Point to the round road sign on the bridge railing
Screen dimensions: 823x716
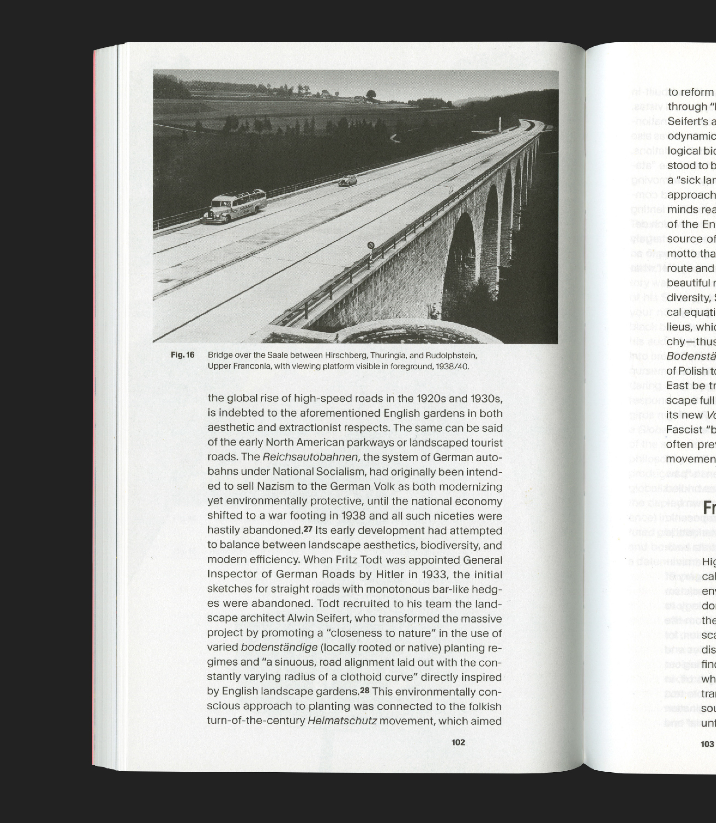[x=371, y=245]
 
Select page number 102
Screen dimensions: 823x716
[x=458, y=742]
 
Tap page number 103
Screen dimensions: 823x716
[x=707, y=744]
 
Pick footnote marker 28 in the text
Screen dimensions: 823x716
[x=364, y=691]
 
